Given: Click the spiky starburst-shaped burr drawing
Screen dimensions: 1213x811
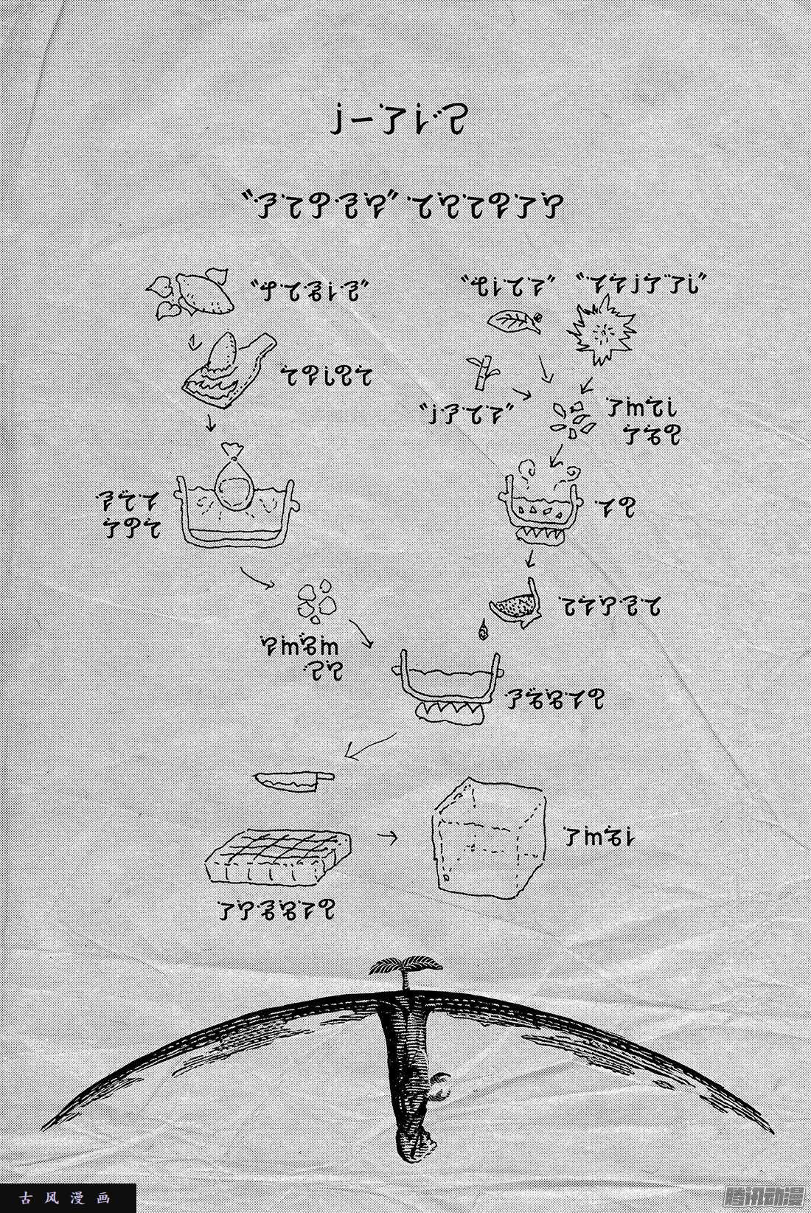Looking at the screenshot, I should point(602,332).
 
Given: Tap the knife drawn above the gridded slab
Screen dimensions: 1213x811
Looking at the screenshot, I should point(293,780).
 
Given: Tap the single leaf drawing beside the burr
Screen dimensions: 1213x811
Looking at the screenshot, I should point(515,321).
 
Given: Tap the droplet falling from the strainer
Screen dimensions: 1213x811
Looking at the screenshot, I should point(484,630).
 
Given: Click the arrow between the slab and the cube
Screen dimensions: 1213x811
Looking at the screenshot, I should point(386,837).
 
